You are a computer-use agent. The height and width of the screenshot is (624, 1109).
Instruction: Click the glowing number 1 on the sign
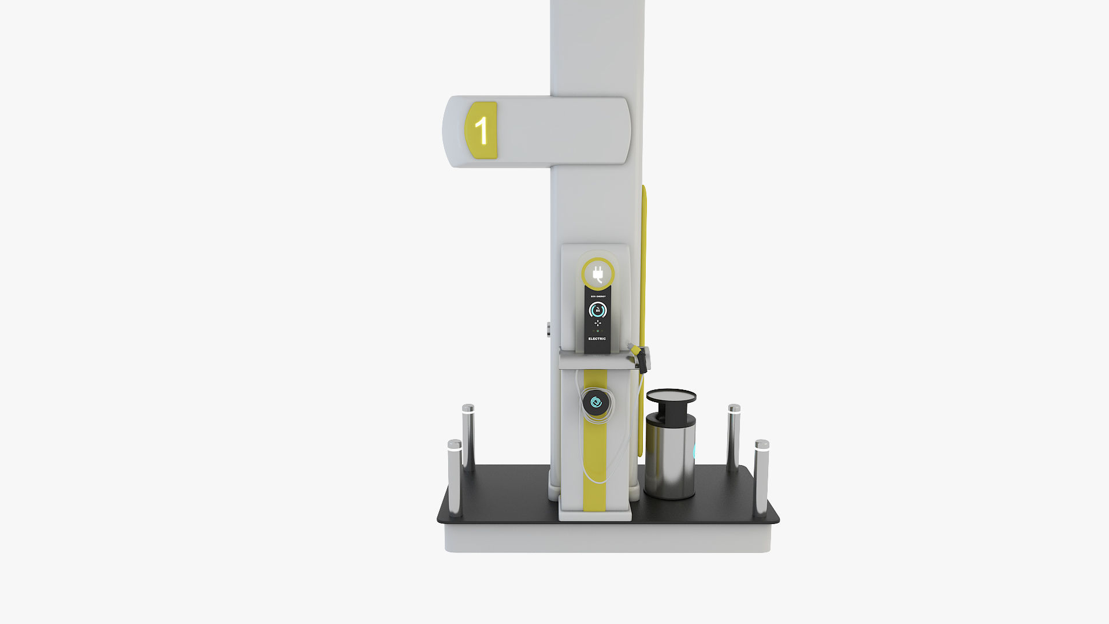click(481, 131)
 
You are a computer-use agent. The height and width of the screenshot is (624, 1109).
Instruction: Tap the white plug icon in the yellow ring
click(598, 274)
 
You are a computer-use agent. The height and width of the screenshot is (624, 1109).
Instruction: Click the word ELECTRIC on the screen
click(597, 339)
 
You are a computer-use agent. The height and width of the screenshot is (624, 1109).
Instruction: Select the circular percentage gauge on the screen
click(597, 310)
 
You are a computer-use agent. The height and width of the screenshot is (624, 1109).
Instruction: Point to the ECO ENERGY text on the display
click(597, 296)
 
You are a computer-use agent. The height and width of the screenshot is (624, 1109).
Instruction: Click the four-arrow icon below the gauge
click(597, 323)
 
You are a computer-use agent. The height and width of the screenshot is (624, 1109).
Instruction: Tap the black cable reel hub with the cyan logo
click(596, 402)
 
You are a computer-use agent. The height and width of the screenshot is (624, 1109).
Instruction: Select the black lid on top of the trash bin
click(671, 396)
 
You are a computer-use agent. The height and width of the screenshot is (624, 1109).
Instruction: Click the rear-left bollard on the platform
click(468, 436)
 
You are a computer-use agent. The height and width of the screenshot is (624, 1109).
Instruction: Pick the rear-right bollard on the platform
click(734, 436)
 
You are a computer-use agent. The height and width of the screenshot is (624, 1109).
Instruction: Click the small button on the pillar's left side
click(548, 329)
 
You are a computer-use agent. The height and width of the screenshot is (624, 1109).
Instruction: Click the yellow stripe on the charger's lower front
click(595, 468)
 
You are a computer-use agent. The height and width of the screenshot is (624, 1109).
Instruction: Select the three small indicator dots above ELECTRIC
click(597, 331)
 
